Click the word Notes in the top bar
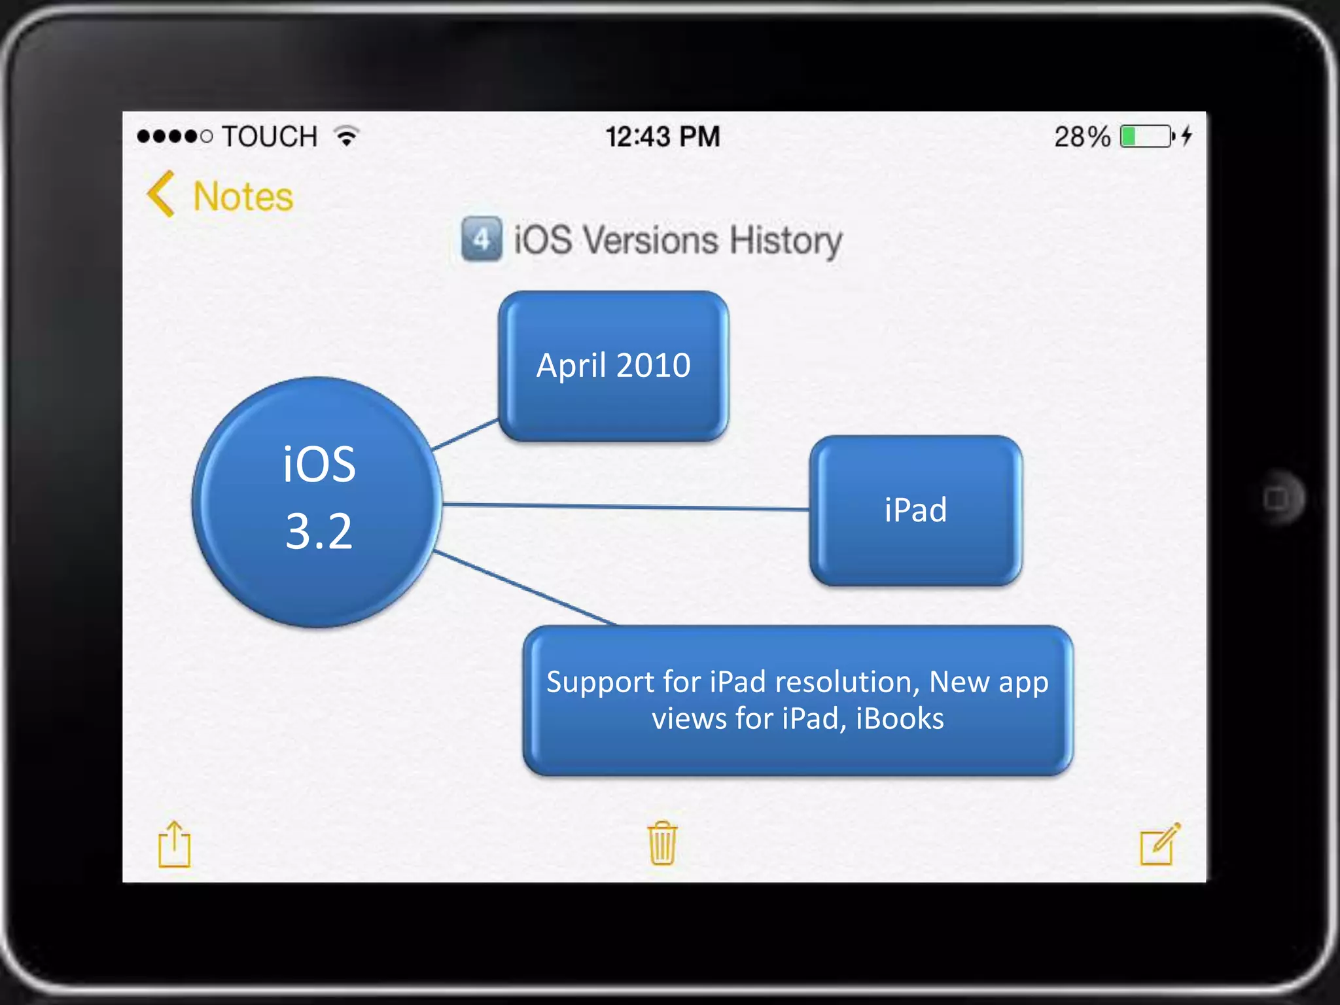pyautogui.click(x=243, y=196)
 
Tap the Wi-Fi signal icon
pyautogui.click(x=347, y=135)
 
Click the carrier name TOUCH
pyautogui.click(x=270, y=137)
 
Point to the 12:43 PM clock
pyautogui.click(x=662, y=137)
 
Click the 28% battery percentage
pyautogui.click(x=1082, y=137)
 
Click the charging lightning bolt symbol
pyautogui.click(x=1187, y=135)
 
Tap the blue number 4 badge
pyautogui.click(x=482, y=239)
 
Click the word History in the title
pyautogui.click(x=786, y=240)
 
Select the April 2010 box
pyautogui.click(x=613, y=366)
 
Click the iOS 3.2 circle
pyautogui.click(x=318, y=501)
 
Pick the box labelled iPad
pyautogui.click(x=915, y=510)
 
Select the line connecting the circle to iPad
pyautogui.click(x=625, y=506)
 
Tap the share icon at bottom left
pyautogui.click(x=175, y=845)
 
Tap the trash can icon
pyautogui.click(x=662, y=843)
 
